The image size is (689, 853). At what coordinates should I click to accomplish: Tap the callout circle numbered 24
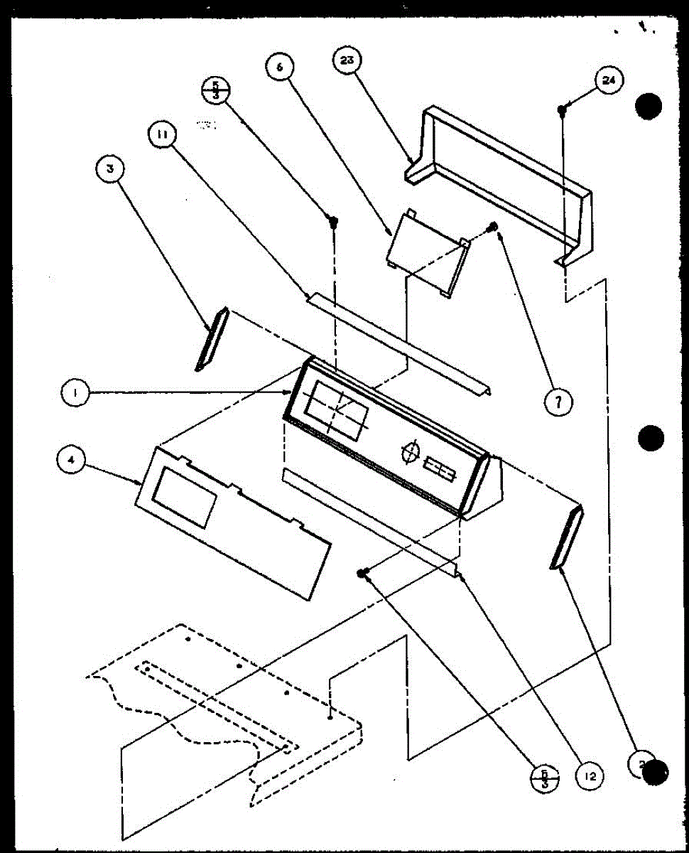(609, 80)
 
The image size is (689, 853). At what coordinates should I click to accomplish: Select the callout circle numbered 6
(280, 69)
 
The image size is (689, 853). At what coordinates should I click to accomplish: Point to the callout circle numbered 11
(163, 134)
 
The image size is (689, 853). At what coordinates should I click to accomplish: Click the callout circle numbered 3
(110, 168)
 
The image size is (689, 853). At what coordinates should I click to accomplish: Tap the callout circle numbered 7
(558, 402)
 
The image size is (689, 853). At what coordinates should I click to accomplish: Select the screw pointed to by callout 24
(561, 109)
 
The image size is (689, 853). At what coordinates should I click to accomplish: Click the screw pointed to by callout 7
(494, 227)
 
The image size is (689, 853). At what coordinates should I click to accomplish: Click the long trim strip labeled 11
(398, 344)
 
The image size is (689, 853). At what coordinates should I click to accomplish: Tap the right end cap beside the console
(567, 537)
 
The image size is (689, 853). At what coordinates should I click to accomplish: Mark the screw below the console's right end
(364, 574)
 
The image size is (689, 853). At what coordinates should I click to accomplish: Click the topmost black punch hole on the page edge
(649, 107)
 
